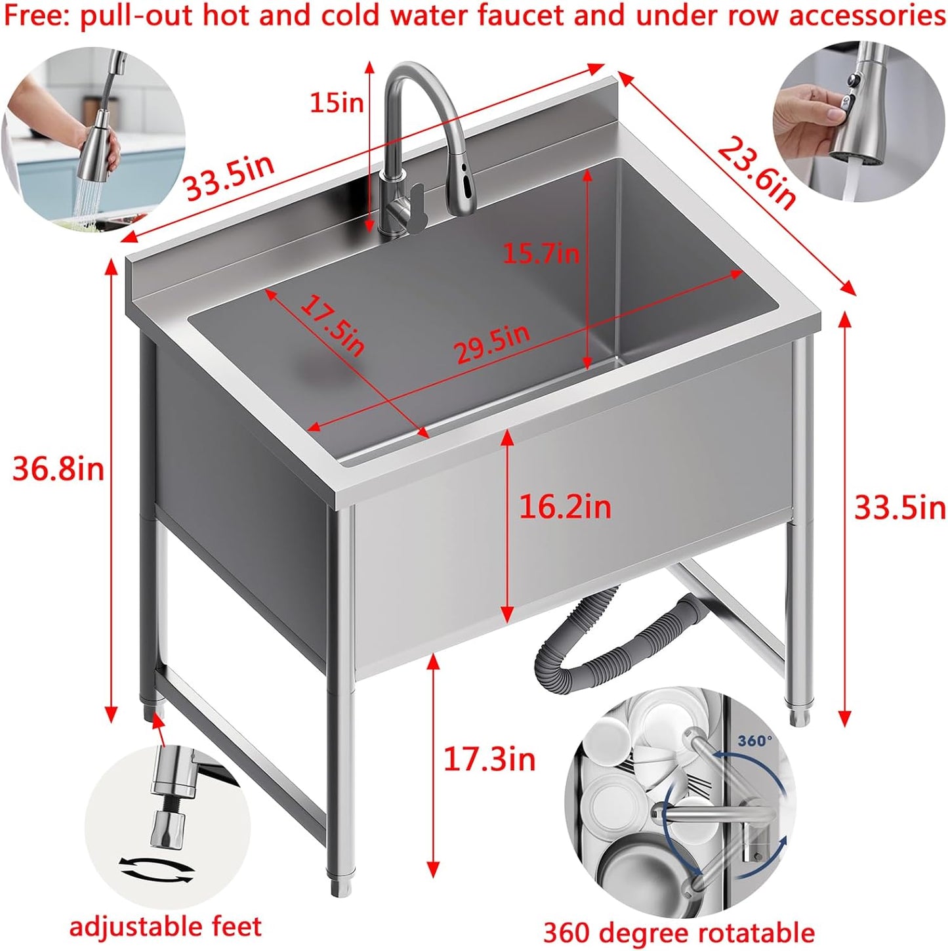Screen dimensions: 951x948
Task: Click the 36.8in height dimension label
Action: click(58, 469)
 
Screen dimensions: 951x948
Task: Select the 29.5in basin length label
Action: click(492, 344)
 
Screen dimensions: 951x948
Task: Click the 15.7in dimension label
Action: click(541, 253)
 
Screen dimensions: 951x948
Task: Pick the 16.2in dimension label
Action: click(565, 507)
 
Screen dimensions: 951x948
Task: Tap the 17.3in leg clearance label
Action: click(489, 759)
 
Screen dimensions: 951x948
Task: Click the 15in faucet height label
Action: click(336, 102)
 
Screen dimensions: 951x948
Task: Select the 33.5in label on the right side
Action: click(899, 507)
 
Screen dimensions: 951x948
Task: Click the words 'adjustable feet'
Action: click(165, 927)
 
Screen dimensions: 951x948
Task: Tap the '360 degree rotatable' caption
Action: click(678, 932)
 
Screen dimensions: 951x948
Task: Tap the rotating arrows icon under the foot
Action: click(157, 870)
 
